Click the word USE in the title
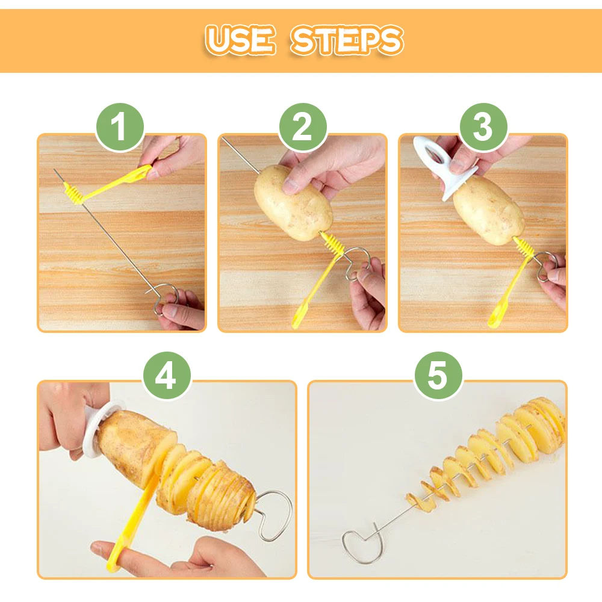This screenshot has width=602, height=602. pyautogui.click(x=240, y=40)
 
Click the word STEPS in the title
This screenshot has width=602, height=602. pyautogui.click(x=347, y=40)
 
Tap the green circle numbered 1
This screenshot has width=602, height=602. pyautogui.click(x=120, y=127)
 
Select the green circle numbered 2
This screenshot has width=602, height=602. pyautogui.click(x=303, y=127)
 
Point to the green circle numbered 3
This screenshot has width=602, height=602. pyautogui.click(x=483, y=127)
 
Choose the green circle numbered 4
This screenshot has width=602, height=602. pyautogui.click(x=167, y=376)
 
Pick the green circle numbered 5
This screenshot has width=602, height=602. pyautogui.click(x=438, y=376)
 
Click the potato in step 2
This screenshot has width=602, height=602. pyautogui.click(x=293, y=203)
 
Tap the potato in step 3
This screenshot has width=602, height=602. pyautogui.click(x=488, y=210)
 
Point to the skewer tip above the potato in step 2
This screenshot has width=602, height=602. pyautogui.click(x=223, y=138)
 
